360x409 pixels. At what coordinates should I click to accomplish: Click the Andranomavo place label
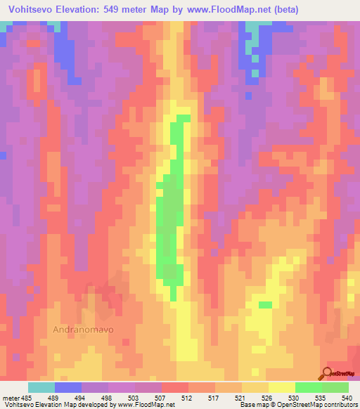[x=84, y=328]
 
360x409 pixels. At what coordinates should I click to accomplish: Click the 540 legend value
[x=337, y=398]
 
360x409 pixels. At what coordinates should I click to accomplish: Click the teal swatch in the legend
[x=41, y=387]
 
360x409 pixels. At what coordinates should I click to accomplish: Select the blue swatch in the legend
[x=68, y=387]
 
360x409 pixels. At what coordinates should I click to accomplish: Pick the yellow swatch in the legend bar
[x=282, y=387]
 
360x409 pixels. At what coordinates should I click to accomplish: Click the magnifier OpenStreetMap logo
[x=327, y=372]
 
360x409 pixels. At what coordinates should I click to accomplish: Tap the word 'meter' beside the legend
[x=10, y=398]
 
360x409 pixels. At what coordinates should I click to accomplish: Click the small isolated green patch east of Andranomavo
[x=265, y=305]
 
